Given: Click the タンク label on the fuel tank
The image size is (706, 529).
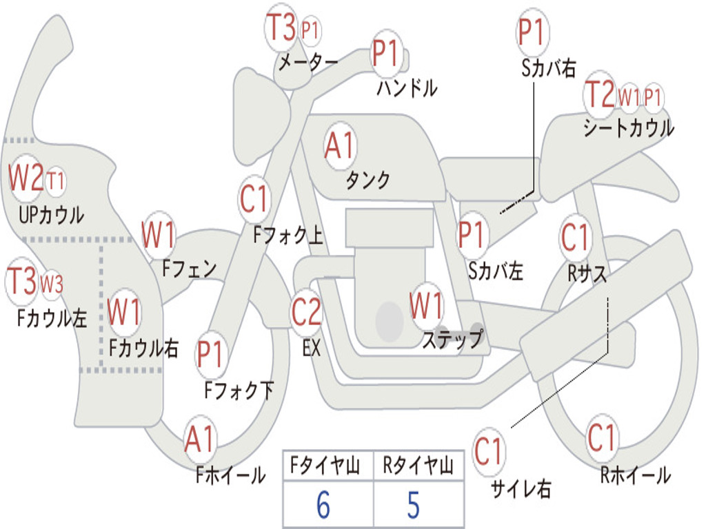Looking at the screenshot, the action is tap(367, 180).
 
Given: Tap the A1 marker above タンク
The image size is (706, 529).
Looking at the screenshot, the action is tap(340, 146).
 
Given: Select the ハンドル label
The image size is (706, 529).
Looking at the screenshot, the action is tap(407, 87).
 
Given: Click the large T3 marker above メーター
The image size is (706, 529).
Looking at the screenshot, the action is tap(281, 27).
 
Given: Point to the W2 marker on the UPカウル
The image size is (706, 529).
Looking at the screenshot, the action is tap(26, 178).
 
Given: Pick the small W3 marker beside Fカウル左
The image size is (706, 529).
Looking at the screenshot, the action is tap(51, 284).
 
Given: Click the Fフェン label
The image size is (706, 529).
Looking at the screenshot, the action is tap(189, 269).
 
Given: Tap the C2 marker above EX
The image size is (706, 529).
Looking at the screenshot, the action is tap(306, 311).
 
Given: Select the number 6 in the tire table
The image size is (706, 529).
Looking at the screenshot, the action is tap(323, 505).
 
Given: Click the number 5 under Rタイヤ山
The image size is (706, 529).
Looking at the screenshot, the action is tap(414, 505).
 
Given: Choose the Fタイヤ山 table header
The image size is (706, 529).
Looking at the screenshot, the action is tap(325, 465).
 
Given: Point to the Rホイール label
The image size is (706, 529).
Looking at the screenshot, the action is tap(635, 475).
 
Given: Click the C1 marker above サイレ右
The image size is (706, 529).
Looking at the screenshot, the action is tap(488, 451).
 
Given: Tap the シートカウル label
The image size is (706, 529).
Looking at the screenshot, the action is tap(629, 127).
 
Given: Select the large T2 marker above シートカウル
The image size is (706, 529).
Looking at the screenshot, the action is tap(600, 94).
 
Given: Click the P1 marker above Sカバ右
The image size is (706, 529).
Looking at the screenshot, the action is tap(533, 32).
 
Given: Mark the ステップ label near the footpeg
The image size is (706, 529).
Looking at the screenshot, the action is tap(452, 339).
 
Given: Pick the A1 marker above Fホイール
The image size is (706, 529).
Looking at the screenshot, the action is tap(199, 439).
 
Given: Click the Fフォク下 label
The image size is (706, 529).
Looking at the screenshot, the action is tap(239, 390).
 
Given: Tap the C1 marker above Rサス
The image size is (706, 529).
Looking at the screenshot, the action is tap(575, 237).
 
